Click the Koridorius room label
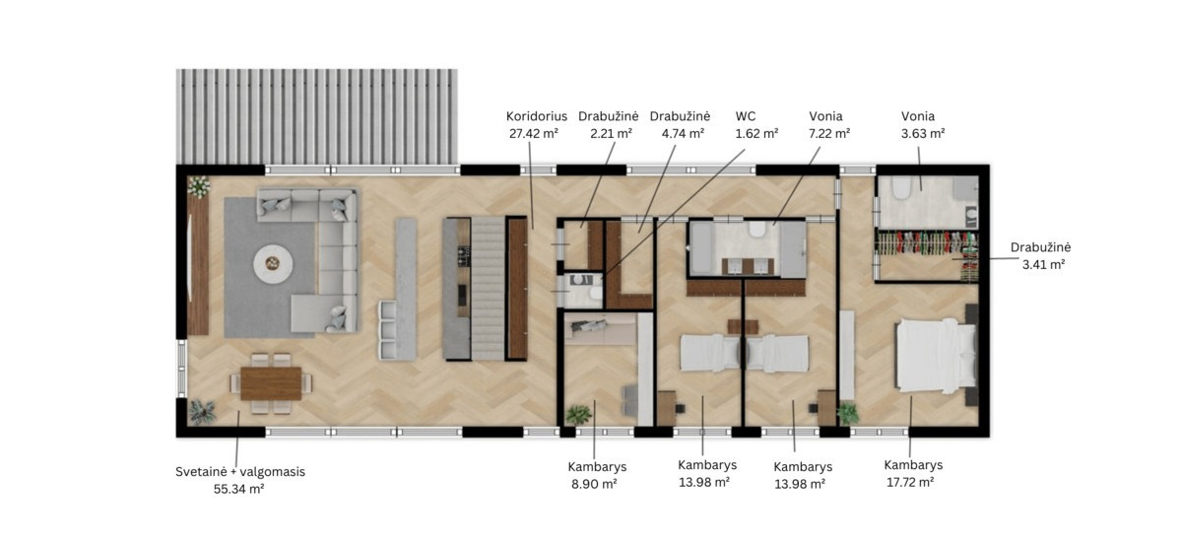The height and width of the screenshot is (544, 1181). [x=537, y=116]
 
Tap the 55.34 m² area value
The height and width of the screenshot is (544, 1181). [x=238, y=488]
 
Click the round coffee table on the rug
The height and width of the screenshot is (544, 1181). [x=271, y=264]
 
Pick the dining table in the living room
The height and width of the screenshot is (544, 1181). [x=271, y=383]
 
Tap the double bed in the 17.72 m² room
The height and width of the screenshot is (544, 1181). [x=935, y=357]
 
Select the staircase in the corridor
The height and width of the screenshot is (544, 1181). [x=488, y=289]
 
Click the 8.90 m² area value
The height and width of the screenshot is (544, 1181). [x=594, y=484]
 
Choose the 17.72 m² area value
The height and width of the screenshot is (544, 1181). [x=910, y=482]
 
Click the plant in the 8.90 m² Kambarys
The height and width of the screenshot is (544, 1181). [x=578, y=414]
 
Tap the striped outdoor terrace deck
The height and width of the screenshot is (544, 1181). [x=316, y=117]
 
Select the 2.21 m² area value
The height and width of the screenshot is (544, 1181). [x=609, y=133]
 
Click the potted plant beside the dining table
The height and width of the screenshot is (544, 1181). [x=202, y=411]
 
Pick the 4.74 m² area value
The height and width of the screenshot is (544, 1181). [x=680, y=133]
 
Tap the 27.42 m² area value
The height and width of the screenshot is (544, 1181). [x=537, y=133]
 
